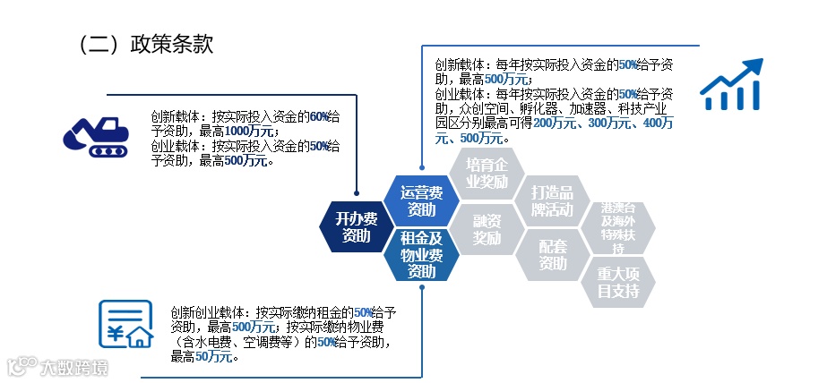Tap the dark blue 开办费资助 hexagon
pos(356,227)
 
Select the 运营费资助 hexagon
pos(421,201)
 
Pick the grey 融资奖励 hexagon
pos(487,228)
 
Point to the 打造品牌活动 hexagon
pos(553,201)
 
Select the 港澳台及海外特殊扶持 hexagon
pos(618,227)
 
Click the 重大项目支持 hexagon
pos(618,282)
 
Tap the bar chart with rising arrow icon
pos(731,85)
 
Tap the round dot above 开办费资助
pos(356,191)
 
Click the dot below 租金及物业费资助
pos(421,288)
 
